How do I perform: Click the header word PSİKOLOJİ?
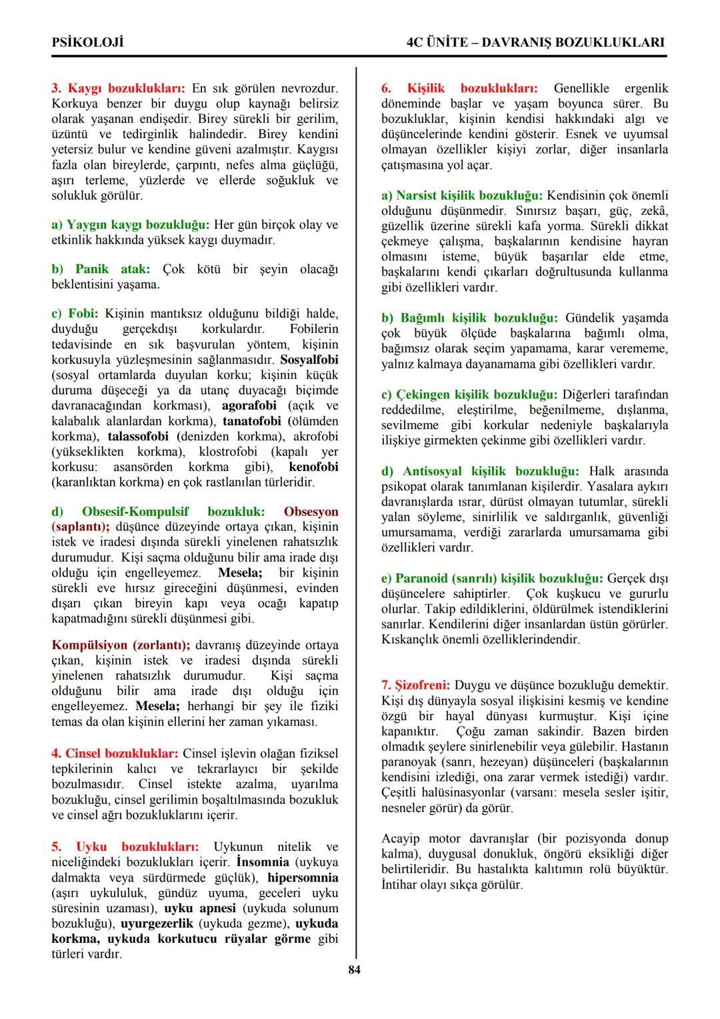pyautogui.click(x=87, y=42)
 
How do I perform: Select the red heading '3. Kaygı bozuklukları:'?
pyautogui.click(x=119, y=88)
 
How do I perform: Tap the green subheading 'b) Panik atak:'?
pyautogui.click(x=101, y=269)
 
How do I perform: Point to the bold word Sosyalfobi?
pyautogui.click(x=309, y=360)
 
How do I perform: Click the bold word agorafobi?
pyautogui.click(x=249, y=406)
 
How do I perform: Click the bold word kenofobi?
pyautogui.click(x=313, y=467)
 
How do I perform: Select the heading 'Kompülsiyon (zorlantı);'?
pyautogui.click(x=121, y=645)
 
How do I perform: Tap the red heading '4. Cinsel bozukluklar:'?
pyautogui.click(x=115, y=753)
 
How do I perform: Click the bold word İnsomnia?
pyautogui.click(x=263, y=862)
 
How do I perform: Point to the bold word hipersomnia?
pyautogui.click(x=303, y=878)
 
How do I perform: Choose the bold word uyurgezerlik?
pyautogui.click(x=157, y=924)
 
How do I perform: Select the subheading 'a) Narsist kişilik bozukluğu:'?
pyautogui.click(x=462, y=196)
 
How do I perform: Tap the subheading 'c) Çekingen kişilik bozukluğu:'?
pyautogui.click(x=469, y=394)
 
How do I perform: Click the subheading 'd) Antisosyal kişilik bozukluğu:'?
pyautogui.click(x=480, y=471)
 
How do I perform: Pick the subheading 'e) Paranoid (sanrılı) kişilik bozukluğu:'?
pyautogui.click(x=492, y=578)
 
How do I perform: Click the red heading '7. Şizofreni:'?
pyautogui.click(x=415, y=685)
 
